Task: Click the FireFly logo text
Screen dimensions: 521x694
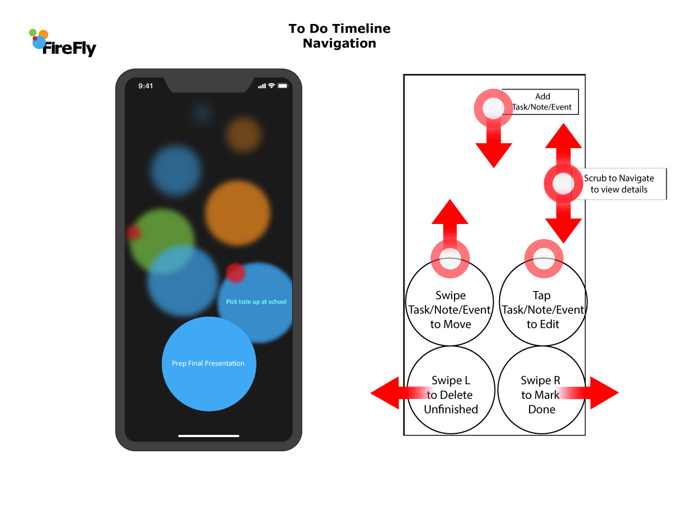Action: [x=69, y=49]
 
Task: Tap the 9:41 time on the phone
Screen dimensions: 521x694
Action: [x=145, y=86]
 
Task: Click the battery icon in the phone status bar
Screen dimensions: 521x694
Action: [x=282, y=86]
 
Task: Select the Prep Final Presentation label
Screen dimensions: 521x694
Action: [x=208, y=364]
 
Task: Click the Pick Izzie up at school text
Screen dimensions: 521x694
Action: [x=256, y=302]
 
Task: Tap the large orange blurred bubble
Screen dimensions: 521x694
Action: [x=237, y=213]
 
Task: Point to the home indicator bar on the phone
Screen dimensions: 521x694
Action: [x=208, y=436]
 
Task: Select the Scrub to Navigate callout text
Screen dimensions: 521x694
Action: [x=619, y=184]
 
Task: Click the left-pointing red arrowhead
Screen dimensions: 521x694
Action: [x=385, y=392]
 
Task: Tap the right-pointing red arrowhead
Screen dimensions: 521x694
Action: [x=604, y=392]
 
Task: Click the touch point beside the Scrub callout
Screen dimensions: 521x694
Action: [x=563, y=184]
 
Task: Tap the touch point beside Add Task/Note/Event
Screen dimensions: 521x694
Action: [x=493, y=108]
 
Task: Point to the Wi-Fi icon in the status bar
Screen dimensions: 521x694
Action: [x=272, y=86]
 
